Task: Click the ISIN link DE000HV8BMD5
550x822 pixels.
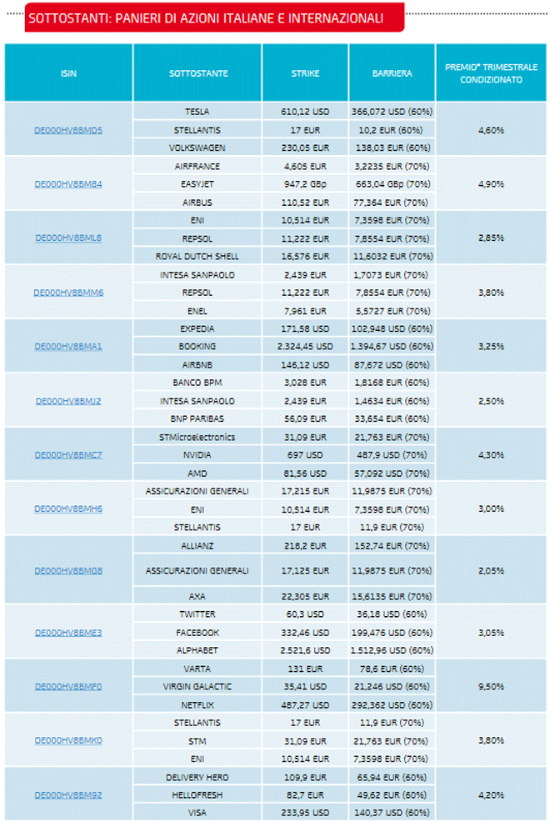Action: pos(68,129)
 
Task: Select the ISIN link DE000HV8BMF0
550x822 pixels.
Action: pos(68,686)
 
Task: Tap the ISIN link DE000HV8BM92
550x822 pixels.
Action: pos(68,794)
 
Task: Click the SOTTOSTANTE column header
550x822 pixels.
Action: pos(197,73)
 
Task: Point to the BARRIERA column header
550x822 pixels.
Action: pos(392,73)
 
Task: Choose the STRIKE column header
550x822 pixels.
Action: pos(305,73)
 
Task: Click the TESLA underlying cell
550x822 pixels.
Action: pos(197,111)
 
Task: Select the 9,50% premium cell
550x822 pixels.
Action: pos(491,686)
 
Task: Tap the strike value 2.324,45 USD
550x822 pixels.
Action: pos(305,346)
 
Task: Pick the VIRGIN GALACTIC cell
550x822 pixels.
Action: pos(197,686)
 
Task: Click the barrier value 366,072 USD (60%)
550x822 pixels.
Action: pos(392,111)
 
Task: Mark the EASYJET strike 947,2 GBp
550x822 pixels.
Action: pos(305,184)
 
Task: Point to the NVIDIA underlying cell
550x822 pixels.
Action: pos(197,455)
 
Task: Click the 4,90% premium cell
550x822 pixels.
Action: pos(491,184)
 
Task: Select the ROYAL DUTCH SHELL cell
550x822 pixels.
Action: pos(197,256)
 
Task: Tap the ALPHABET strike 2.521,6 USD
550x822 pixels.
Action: pos(305,650)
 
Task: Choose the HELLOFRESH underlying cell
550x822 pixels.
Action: pos(197,795)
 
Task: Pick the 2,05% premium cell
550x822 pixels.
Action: pos(491,570)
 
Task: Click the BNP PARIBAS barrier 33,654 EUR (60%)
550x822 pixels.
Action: pos(392,419)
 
